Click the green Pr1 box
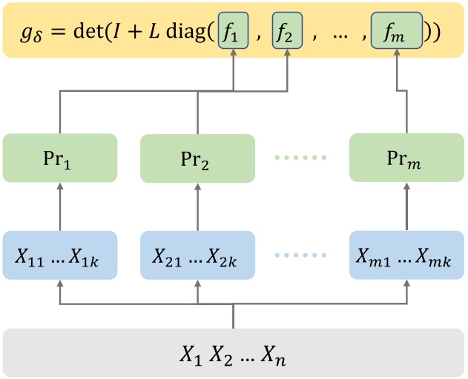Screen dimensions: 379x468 [x=59, y=158]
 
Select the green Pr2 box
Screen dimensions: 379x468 [x=197, y=158]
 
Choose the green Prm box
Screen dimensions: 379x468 [x=406, y=158]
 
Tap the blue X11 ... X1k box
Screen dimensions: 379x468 [x=59, y=255]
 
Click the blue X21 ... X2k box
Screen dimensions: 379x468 [x=197, y=255]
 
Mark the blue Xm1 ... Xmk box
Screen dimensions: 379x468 [x=406, y=255]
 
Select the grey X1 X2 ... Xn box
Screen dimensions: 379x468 [x=233, y=353]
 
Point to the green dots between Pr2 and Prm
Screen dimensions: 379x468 [x=301, y=158]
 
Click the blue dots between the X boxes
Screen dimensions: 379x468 [x=301, y=256]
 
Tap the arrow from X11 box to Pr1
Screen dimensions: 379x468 [x=59, y=207]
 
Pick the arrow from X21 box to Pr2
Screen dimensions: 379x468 [x=197, y=207]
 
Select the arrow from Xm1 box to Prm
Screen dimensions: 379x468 [x=406, y=207]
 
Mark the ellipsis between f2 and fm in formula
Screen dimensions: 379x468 [x=342, y=33]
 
